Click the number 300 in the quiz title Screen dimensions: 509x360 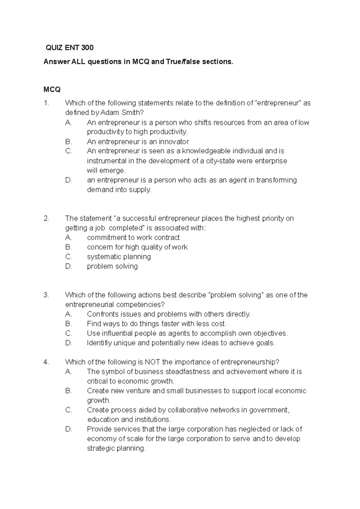point(87,47)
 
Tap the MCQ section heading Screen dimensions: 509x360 point(52,89)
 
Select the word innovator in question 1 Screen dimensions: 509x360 point(174,141)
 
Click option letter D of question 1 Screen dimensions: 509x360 point(69,180)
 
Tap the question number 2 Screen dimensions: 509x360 point(46,219)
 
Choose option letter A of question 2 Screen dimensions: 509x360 point(69,238)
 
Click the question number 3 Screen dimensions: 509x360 point(46,295)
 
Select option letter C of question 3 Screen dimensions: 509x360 point(69,334)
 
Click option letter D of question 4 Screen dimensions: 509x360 point(69,429)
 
